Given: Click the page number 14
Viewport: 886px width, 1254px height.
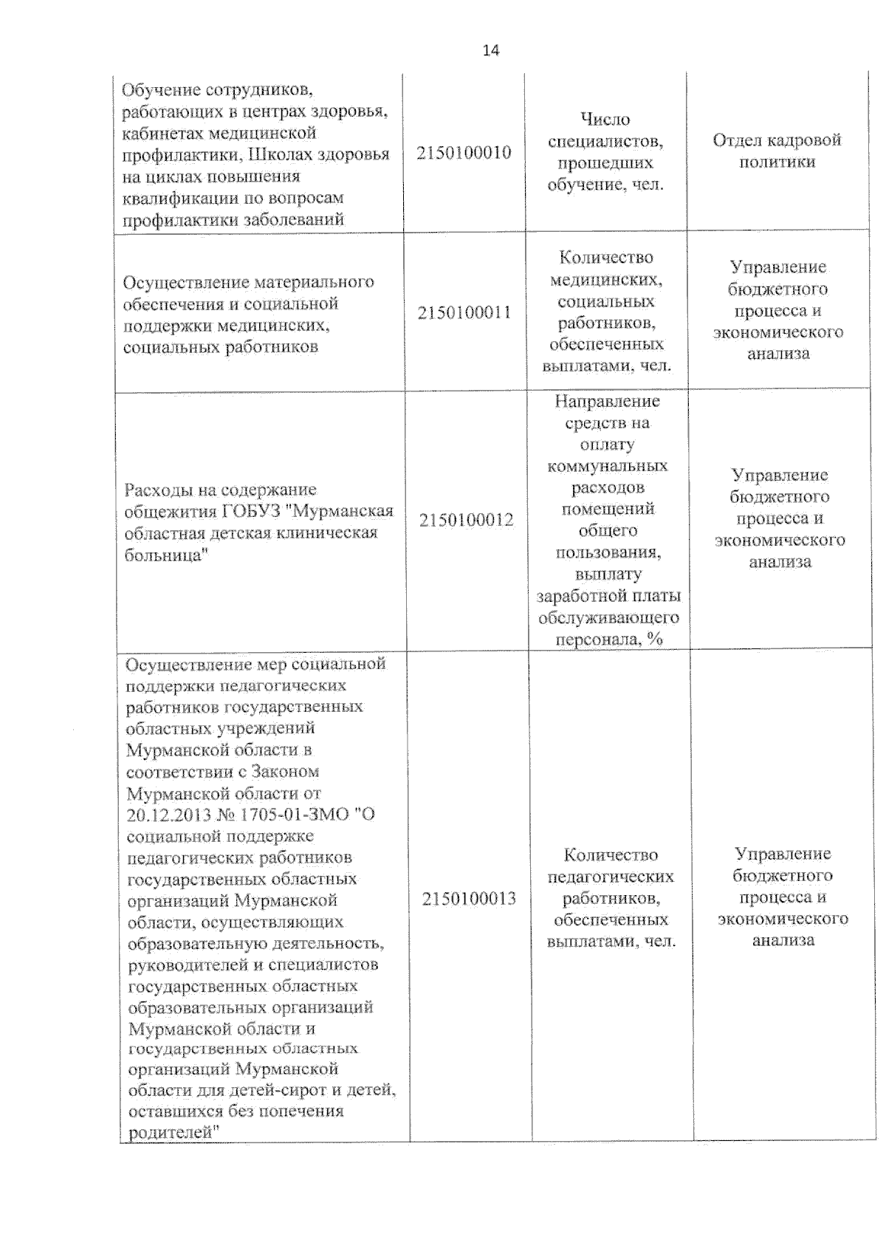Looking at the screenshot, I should click(490, 50).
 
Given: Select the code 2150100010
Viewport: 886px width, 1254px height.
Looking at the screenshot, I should click(464, 153).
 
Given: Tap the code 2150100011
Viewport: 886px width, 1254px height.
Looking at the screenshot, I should click(464, 312).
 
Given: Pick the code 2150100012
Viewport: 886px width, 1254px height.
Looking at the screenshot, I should click(466, 520).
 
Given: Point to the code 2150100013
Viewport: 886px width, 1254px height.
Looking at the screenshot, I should click(469, 899).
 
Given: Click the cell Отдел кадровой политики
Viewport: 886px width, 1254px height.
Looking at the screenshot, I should click(777, 151).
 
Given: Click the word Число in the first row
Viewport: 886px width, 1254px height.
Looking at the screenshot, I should click(605, 120).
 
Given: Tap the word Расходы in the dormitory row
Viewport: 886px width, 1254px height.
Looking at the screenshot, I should click(159, 490).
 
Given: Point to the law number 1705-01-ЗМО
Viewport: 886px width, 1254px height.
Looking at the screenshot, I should click(295, 815).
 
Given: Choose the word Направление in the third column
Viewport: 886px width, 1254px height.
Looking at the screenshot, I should click(607, 402).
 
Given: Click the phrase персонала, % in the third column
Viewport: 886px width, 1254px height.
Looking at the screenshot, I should click(608, 639).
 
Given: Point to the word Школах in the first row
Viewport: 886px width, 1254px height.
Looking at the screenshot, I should click(277, 155).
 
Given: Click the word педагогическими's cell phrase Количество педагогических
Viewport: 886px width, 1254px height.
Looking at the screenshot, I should click(611, 866).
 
